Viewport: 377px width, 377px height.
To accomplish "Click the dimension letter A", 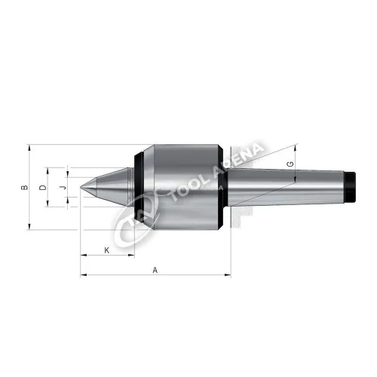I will point(155,269).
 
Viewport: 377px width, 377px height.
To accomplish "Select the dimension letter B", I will point(24,186).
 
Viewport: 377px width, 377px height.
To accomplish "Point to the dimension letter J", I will point(63,185).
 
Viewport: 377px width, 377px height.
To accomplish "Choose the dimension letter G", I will point(290,164).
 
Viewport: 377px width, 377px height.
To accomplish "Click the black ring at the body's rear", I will point(222,185).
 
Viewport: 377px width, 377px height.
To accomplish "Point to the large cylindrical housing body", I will point(181,185).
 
